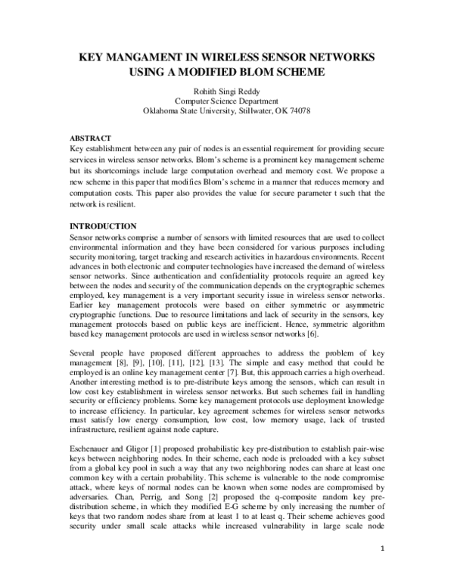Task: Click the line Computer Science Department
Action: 227,100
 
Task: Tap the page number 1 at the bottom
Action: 384,569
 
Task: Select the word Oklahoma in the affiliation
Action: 164,110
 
